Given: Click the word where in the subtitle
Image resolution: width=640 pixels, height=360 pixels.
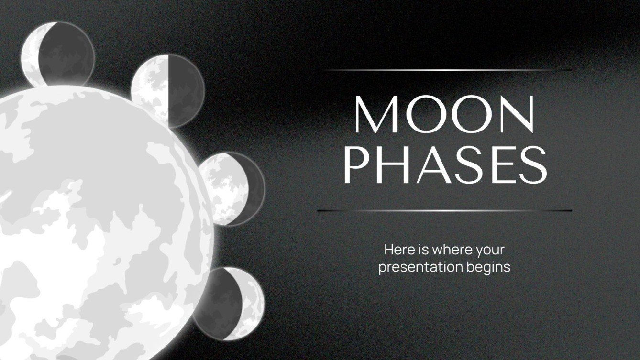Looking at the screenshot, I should (x=448, y=250).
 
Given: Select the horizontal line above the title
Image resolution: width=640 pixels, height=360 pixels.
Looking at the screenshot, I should (x=445, y=70).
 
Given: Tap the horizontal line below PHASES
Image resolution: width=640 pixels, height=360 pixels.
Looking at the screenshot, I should (x=445, y=210).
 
